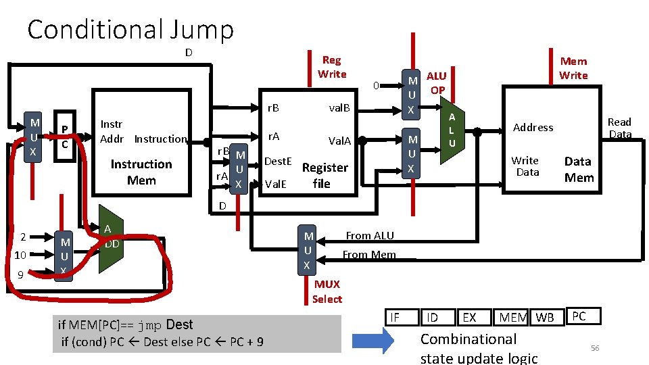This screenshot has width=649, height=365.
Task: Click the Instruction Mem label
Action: point(141,172)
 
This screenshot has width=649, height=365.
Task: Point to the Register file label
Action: point(324,175)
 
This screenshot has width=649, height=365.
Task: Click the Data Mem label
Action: point(578,169)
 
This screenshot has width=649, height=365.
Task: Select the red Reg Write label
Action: point(332,67)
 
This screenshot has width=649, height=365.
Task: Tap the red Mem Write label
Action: point(573,68)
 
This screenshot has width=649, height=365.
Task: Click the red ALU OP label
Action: point(437,83)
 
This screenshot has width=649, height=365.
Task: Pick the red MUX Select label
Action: point(327,291)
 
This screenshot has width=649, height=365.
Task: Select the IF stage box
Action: point(395,317)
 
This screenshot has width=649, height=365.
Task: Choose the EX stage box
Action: point(469,317)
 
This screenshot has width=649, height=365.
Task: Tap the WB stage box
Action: point(544,317)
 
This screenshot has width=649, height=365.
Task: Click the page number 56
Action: point(595,347)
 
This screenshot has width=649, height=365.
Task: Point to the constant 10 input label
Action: point(20,255)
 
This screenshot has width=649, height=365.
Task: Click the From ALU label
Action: point(369,235)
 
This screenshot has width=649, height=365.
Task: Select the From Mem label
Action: point(368,255)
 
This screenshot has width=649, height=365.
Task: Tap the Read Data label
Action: point(619,128)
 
